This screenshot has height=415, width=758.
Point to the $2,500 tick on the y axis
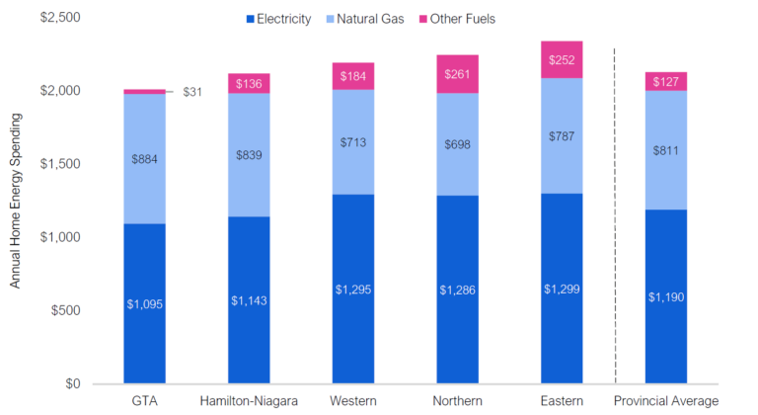[x=61, y=18]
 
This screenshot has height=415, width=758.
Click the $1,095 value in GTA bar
[x=144, y=303]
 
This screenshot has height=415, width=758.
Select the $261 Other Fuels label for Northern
[x=457, y=74]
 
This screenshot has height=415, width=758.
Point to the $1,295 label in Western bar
[x=353, y=290]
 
